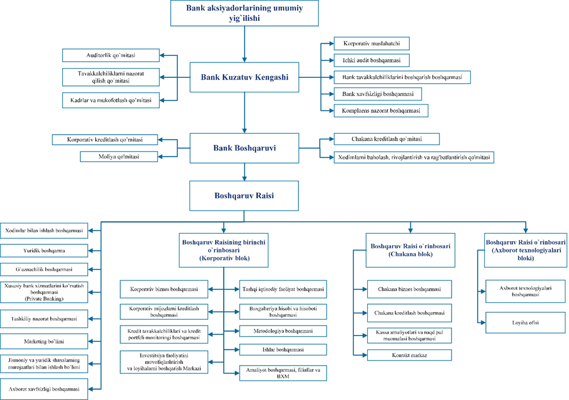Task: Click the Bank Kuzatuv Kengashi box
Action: [244, 77]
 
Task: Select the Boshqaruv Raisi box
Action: [244, 196]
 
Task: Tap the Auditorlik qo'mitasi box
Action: [110, 55]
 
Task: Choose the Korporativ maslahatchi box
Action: [371, 43]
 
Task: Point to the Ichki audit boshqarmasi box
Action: [371, 60]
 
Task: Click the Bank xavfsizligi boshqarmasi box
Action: [378, 94]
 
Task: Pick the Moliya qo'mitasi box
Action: [119, 156]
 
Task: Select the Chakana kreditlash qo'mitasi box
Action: [387, 139]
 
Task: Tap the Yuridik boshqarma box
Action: [44, 251]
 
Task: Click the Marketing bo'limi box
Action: [44, 341]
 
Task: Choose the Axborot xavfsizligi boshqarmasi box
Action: [44, 389]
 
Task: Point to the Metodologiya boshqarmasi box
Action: [283, 331]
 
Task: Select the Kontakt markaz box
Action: [409, 355]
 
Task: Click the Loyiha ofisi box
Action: [525, 322]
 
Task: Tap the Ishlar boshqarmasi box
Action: [283, 349]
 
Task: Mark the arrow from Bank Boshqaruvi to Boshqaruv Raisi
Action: [244, 172]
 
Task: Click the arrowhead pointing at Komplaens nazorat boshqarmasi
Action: [331, 110]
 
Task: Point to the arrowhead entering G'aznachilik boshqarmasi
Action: [91, 269]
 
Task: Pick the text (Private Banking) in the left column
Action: [44, 299]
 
